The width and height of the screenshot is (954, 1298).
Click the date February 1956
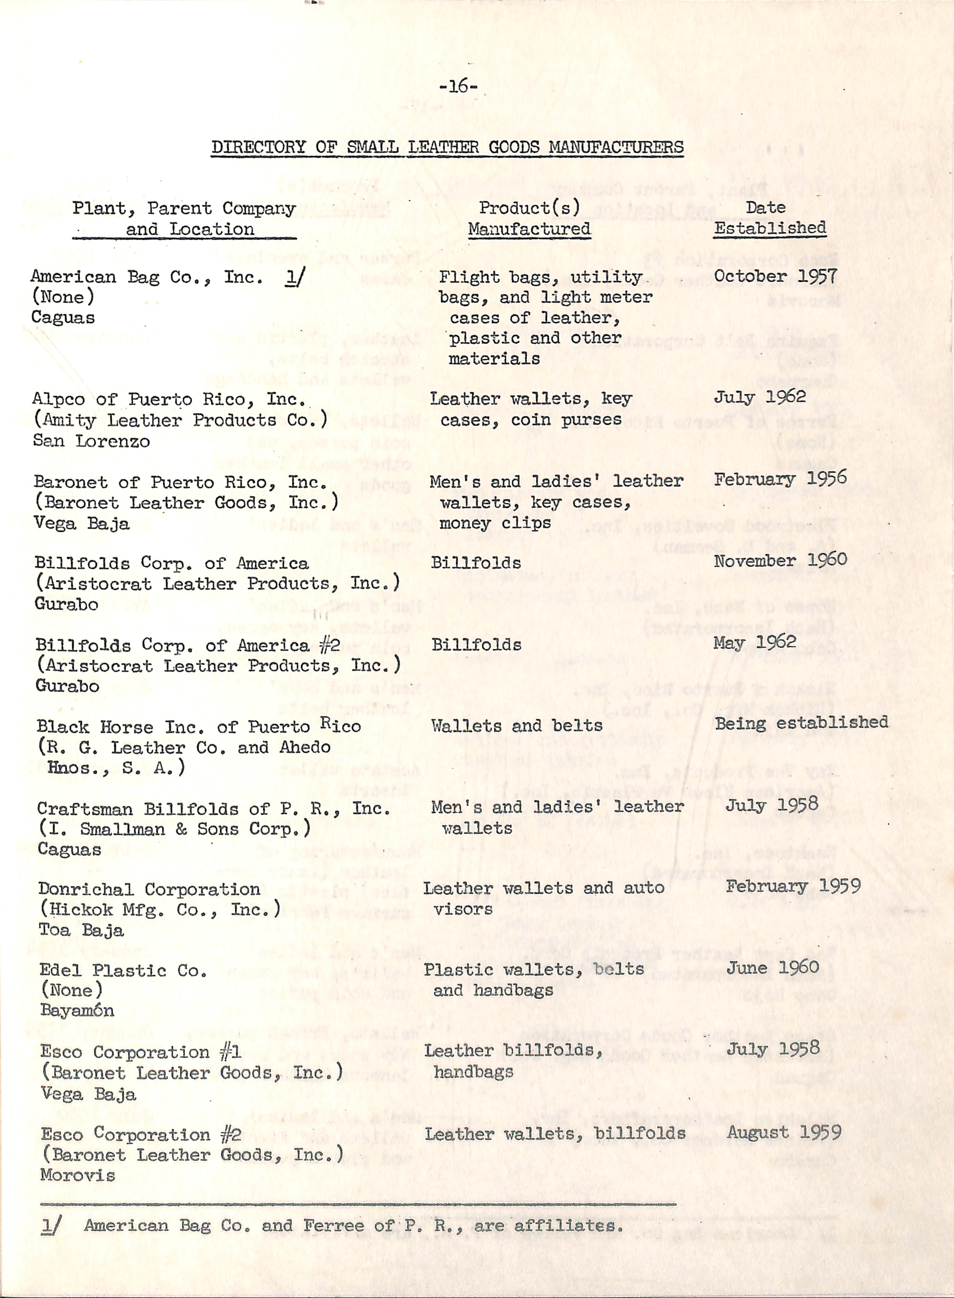coord(780,479)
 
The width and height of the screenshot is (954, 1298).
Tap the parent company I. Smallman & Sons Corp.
coord(174,829)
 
